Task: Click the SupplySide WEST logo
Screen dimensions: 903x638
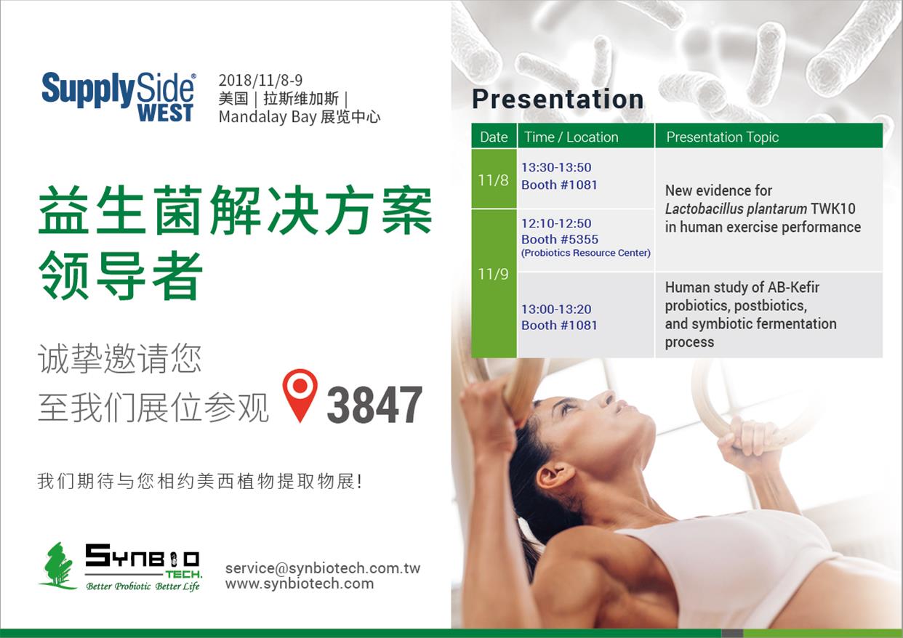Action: [119, 97]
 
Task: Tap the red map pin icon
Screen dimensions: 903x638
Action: [300, 395]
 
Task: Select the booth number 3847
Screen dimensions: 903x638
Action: [374, 405]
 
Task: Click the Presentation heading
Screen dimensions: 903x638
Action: [558, 99]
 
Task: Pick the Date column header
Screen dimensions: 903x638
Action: [494, 137]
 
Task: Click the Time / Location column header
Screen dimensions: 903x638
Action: [571, 137]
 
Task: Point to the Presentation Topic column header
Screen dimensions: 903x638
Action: [723, 137]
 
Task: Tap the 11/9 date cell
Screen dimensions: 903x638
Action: [494, 274]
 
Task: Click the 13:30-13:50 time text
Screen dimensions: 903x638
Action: [556, 167]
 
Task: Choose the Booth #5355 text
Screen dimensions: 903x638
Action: [560, 239]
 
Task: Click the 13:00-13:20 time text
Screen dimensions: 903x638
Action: [556, 309]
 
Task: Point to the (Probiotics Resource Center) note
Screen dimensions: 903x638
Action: [586, 253]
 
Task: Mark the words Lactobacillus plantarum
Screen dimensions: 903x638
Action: [736, 209]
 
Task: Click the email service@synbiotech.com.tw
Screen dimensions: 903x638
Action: [323, 568]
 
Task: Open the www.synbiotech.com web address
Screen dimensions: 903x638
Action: [300, 584]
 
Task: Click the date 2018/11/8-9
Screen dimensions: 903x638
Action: [260, 81]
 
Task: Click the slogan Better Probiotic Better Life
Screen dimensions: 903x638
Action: [143, 586]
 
